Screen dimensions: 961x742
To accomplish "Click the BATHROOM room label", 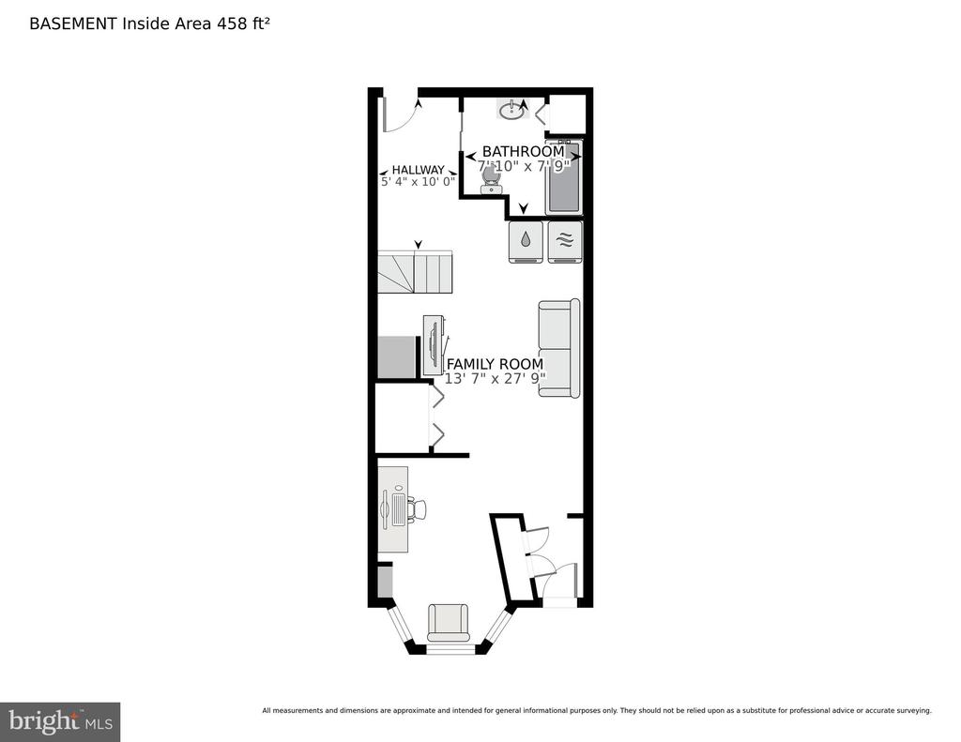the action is (524, 151).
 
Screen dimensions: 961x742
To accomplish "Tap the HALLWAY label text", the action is (418, 170).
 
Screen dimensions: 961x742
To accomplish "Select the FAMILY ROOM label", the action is (495, 364).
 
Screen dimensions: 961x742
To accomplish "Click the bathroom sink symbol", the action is (511, 111).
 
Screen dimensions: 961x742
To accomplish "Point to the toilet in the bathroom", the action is (490, 179).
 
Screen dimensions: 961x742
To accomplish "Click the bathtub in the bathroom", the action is (564, 177).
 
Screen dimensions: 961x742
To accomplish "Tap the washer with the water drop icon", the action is (526, 242).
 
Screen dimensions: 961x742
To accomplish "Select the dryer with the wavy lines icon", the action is (565, 242).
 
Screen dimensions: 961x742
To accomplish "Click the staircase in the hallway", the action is (415, 271).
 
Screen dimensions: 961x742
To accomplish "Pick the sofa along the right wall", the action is (559, 348).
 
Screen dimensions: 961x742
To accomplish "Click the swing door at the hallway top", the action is (400, 114).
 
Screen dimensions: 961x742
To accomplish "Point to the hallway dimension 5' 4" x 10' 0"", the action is (418, 182).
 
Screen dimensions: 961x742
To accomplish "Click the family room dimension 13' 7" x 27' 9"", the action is (495, 379).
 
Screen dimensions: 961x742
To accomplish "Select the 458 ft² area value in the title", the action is (243, 23).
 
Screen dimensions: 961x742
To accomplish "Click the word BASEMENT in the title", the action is (73, 23).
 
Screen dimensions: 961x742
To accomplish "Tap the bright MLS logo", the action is (60, 721).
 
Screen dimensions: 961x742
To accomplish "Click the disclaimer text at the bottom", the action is (597, 711).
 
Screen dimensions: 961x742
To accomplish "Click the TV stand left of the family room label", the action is (435, 345).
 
